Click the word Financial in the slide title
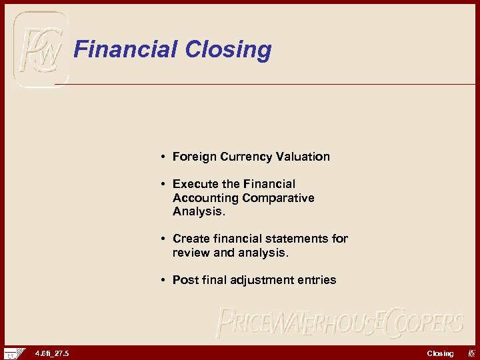126,49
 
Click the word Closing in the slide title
228,50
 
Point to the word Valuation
303,157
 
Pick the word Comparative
278,198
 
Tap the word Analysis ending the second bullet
198,211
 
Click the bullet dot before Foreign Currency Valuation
163,157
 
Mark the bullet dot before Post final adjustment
163,280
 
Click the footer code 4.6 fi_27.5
52,353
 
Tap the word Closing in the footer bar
440,353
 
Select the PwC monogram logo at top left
41,48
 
